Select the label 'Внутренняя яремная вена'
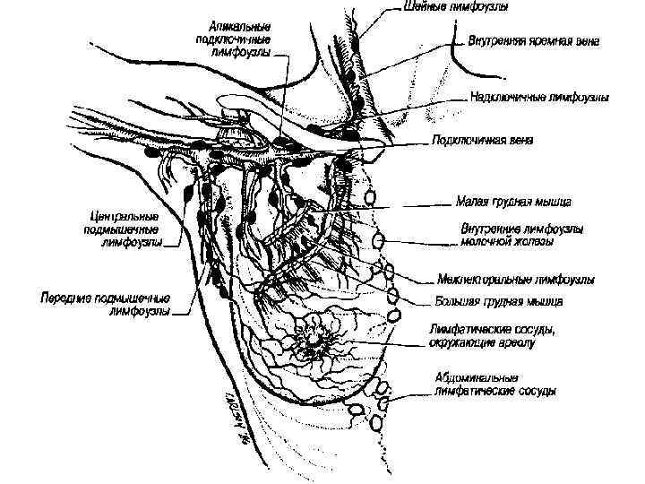point(534,41)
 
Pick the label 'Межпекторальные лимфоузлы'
point(515,280)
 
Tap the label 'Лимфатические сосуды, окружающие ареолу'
point(494,335)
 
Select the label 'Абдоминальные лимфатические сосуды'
point(494,385)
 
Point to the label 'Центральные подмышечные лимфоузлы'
point(125,229)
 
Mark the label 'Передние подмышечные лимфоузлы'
point(105,305)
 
